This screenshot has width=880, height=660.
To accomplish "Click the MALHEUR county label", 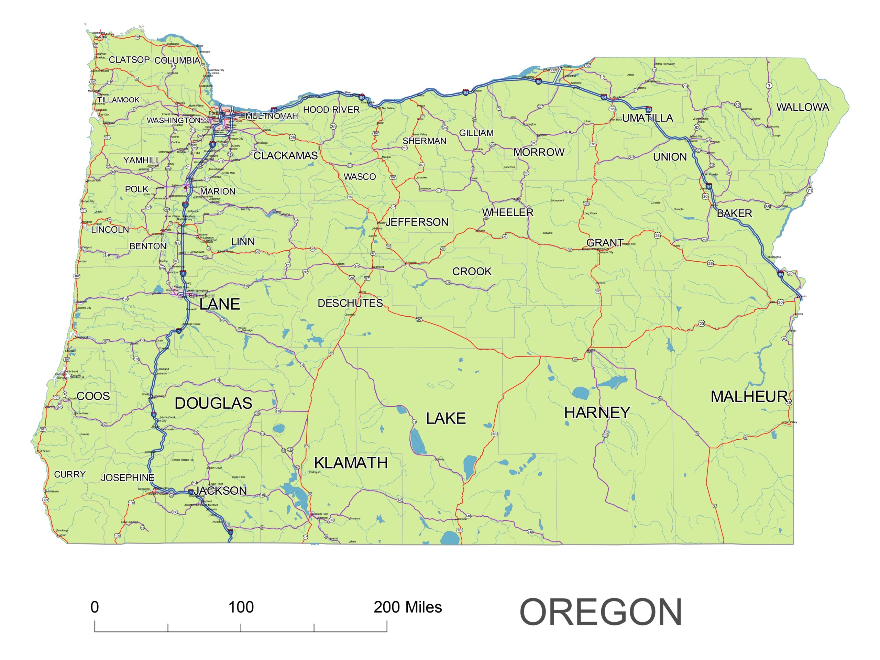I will [x=749, y=397].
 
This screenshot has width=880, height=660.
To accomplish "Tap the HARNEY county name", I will [x=597, y=412].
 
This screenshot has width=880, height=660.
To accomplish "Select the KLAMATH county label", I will [x=351, y=463].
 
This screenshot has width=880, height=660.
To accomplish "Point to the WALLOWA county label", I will [x=803, y=107].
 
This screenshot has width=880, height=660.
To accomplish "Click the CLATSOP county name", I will [x=129, y=60].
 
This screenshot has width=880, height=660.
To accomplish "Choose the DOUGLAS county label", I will [x=213, y=404].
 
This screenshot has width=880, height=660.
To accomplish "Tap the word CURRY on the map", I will [x=70, y=475].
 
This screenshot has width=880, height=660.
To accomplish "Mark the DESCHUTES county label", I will [x=350, y=304].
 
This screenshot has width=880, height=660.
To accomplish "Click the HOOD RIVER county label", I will [x=331, y=110].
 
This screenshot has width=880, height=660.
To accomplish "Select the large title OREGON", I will [x=601, y=613].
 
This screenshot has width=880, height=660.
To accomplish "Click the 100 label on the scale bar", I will [x=241, y=607].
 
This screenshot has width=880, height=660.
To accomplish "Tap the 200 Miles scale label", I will [x=407, y=607].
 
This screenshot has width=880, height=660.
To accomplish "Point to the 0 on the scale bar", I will [x=95, y=607].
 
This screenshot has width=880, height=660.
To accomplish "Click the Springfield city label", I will [x=201, y=296].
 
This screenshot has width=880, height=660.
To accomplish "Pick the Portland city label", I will [x=217, y=113].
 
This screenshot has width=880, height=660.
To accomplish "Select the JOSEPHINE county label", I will [x=127, y=478].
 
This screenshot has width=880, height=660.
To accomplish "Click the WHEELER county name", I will [x=508, y=213].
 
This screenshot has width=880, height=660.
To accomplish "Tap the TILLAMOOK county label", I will [x=119, y=100].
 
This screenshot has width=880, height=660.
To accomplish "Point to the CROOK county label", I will [x=472, y=272].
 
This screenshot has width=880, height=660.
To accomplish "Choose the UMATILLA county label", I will [x=647, y=118].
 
